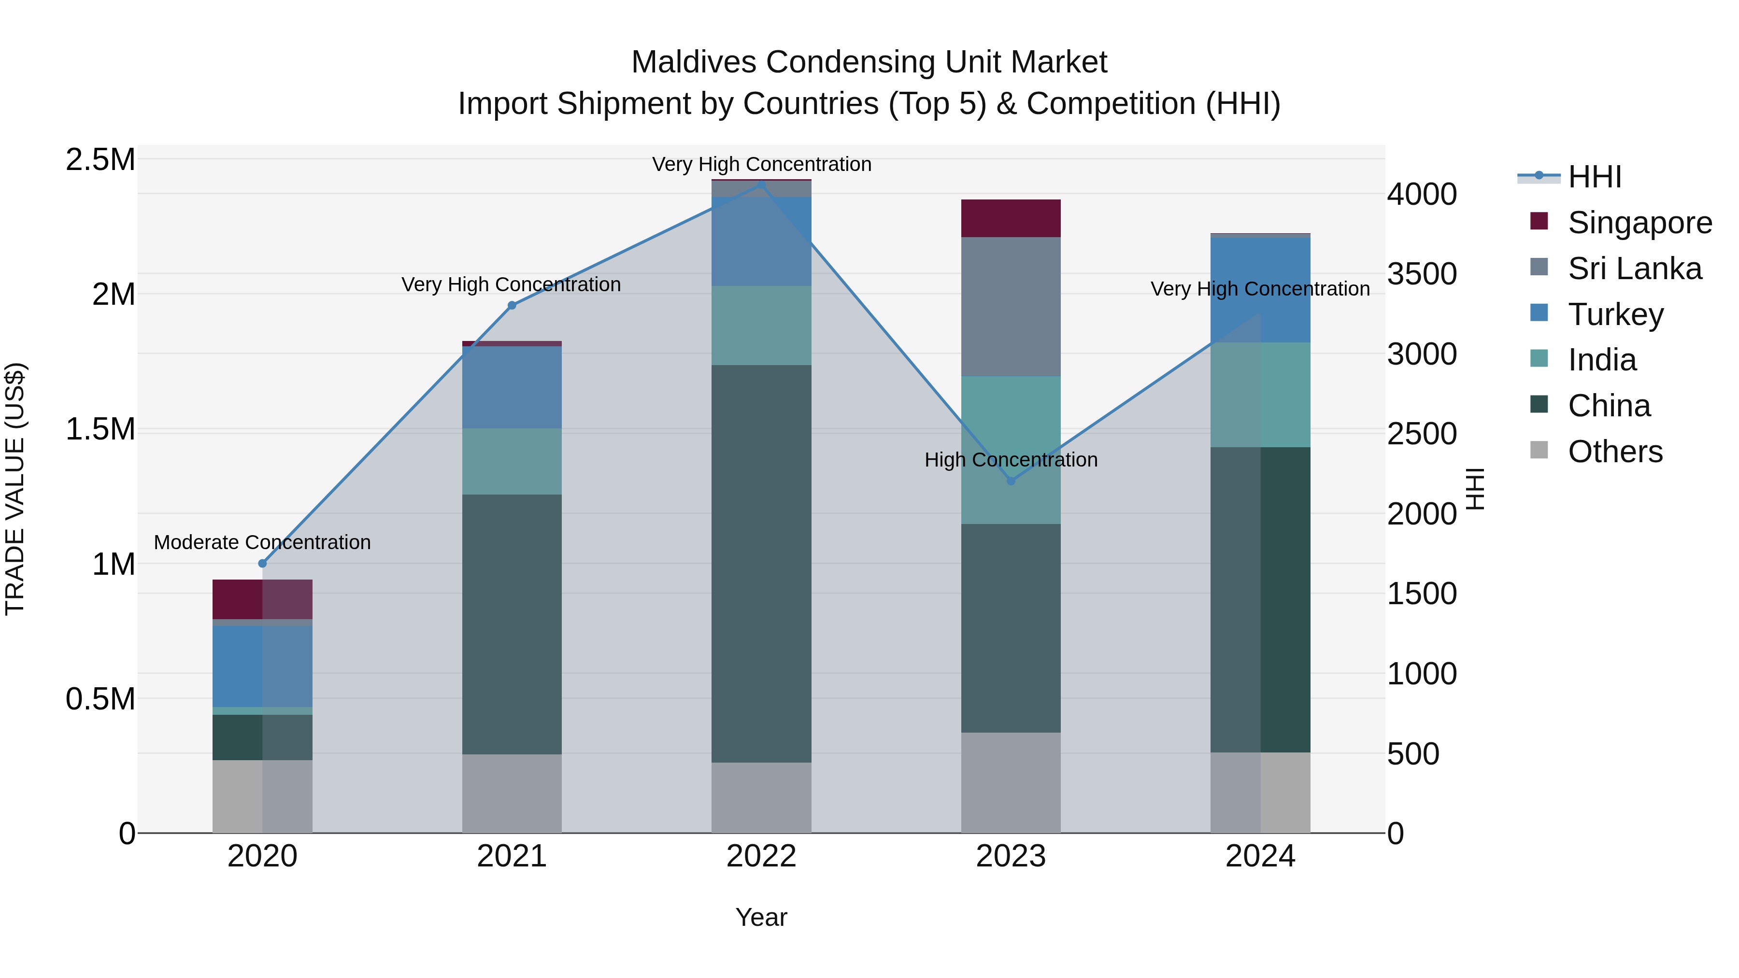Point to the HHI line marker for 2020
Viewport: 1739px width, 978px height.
tap(263, 564)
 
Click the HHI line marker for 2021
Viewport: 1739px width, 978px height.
tap(512, 306)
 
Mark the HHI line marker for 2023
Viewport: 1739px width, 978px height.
tap(1011, 481)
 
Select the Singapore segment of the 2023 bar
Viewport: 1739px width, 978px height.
tap(1011, 218)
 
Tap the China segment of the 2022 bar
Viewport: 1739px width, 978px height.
tap(761, 564)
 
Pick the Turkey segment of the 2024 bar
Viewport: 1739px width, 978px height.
tap(1260, 290)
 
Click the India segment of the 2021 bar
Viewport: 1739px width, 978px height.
tap(512, 462)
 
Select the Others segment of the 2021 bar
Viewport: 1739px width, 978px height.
tap(512, 793)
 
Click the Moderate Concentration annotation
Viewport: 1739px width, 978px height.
tap(263, 543)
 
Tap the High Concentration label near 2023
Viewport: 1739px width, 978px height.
tap(1011, 460)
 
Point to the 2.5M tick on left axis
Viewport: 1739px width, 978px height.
tap(100, 160)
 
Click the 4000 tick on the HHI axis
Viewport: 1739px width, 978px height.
tap(1422, 194)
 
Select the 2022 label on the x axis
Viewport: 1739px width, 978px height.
tap(761, 856)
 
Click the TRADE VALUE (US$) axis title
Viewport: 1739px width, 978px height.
tap(15, 489)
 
